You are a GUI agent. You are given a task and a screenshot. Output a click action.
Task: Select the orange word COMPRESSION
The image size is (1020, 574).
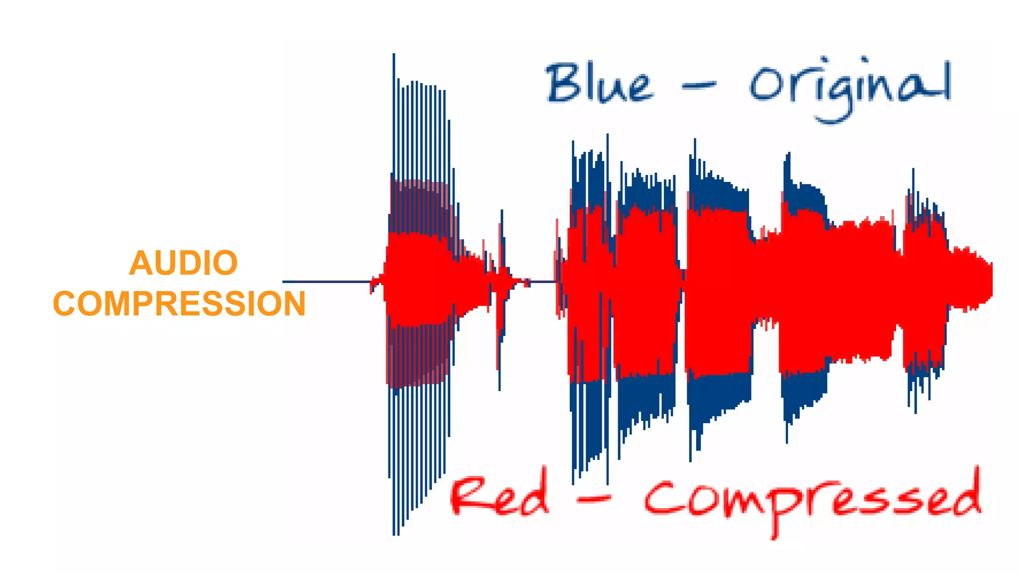[x=179, y=303]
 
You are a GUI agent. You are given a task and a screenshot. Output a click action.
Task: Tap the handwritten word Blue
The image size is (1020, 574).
[x=599, y=84]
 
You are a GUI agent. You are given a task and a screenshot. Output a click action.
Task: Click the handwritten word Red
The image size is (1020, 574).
[x=500, y=496]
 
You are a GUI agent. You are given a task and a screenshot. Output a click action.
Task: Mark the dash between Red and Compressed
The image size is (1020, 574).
[x=594, y=498]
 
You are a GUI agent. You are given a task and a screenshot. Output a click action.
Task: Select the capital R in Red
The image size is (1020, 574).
[x=468, y=496]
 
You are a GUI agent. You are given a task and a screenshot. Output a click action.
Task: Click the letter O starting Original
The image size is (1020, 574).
[x=764, y=86]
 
